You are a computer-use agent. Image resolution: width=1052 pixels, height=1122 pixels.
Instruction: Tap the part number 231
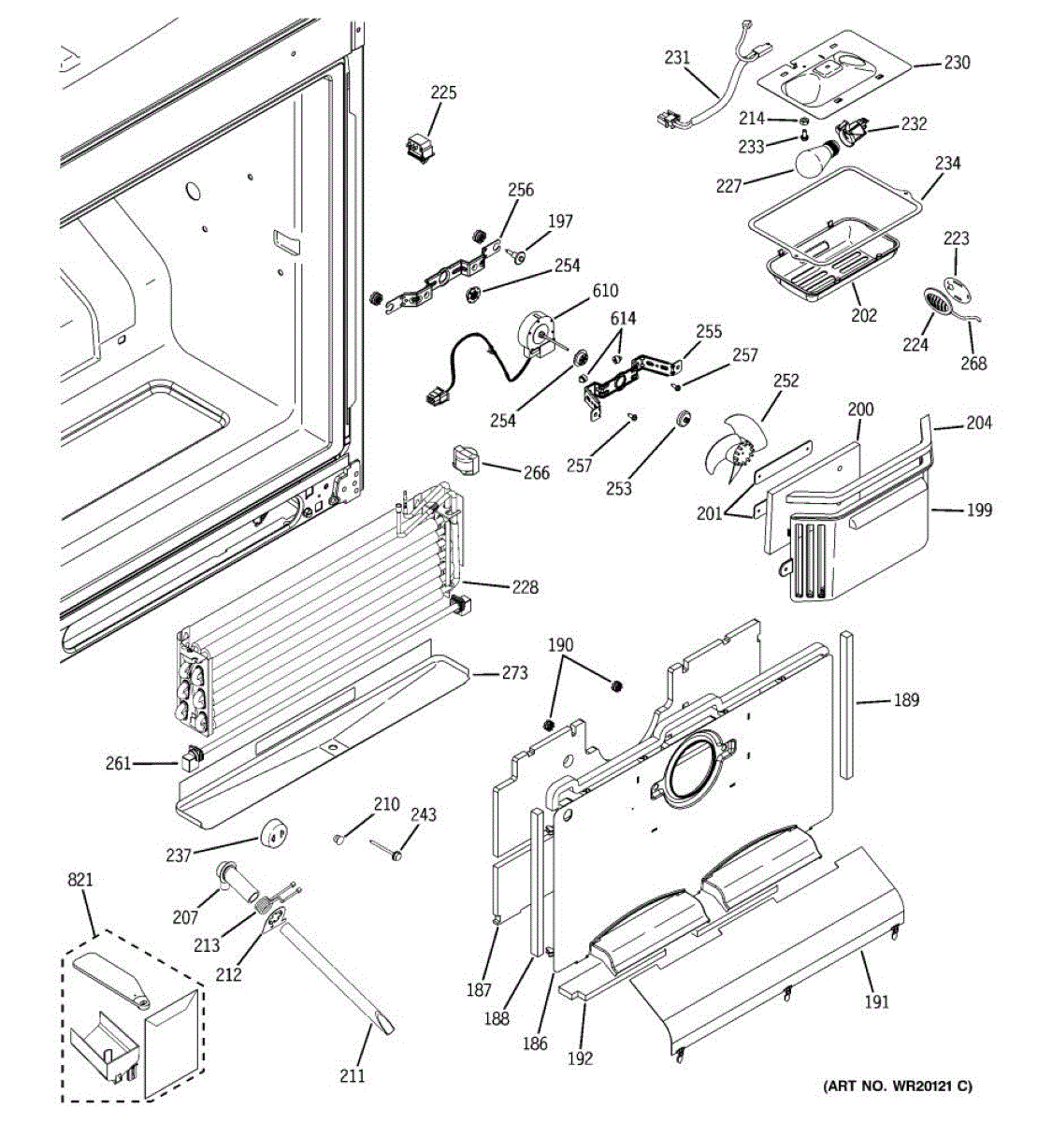677,57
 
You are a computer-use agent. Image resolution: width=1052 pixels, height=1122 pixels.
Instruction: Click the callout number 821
80,879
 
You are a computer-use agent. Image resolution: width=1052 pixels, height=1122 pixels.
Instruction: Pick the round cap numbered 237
274,833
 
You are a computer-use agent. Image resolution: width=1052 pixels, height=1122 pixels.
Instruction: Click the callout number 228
525,587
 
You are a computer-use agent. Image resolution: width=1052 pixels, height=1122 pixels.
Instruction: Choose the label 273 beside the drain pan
515,673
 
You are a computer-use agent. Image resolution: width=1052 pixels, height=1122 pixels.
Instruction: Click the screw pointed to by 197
515,255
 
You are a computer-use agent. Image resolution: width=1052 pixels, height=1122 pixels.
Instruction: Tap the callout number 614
623,318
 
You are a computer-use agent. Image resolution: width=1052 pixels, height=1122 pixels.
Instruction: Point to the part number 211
352,1077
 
